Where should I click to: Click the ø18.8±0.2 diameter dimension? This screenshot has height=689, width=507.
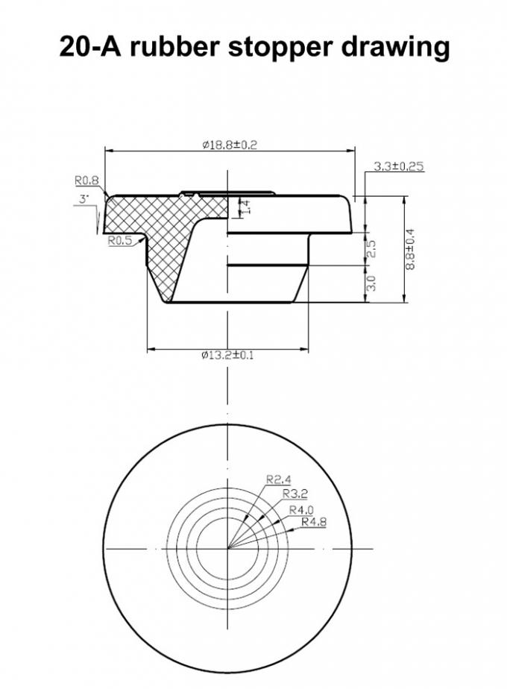point(229,145)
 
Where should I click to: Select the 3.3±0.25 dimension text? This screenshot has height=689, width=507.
point(398,167)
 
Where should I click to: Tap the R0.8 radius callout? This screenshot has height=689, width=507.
point(86,180)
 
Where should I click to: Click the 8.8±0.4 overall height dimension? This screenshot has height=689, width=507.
point(409,249)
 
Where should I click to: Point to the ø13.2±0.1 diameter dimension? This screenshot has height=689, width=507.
point(227,355)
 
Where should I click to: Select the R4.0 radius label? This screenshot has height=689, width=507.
point(301,509)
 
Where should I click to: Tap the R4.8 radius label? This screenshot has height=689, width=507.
point(314,521)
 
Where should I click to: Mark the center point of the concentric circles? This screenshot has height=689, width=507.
point(227,549)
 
